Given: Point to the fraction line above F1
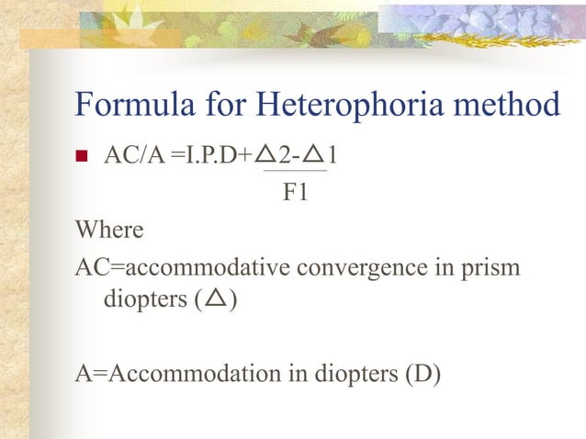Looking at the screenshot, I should point(295,171).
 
